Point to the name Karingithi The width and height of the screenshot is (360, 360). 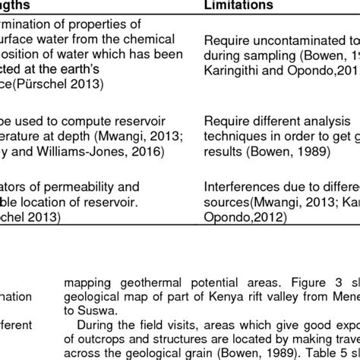pyautogui.click(x=235, y=71)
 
